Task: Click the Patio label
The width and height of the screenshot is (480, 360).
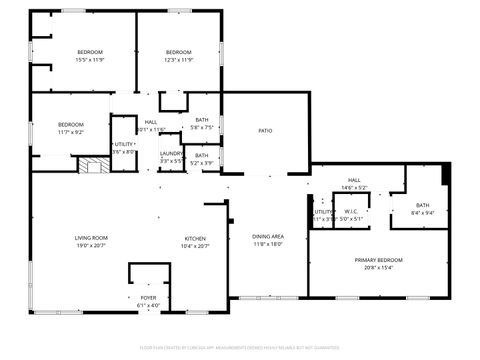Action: point(265,131)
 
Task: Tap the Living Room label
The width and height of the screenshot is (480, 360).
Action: point(91,238)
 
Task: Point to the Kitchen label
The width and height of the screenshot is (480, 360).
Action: point(194,238)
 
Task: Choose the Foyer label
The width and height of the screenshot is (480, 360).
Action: point(147,298)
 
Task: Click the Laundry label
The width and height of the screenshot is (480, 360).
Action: point(171,154)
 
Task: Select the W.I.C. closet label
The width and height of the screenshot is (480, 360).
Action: point(351,211)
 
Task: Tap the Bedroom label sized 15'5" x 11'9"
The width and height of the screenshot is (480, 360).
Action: point(91,52)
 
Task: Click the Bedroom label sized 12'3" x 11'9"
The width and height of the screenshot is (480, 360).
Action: point(178,52)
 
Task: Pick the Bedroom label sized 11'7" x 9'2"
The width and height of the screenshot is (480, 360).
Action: point(70,124)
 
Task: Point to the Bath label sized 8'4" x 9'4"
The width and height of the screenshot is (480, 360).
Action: point(422,205)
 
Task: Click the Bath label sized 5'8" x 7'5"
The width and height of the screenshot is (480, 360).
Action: point(202,120)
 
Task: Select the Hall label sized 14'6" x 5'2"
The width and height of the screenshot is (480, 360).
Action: point(355,181)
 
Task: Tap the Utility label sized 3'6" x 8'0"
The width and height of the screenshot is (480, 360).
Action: point(124,145)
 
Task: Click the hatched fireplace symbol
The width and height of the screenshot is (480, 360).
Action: point(92,165)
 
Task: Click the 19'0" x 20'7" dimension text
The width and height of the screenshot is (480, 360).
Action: point(91,245)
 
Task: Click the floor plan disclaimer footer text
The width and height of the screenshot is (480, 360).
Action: point(240,347)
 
